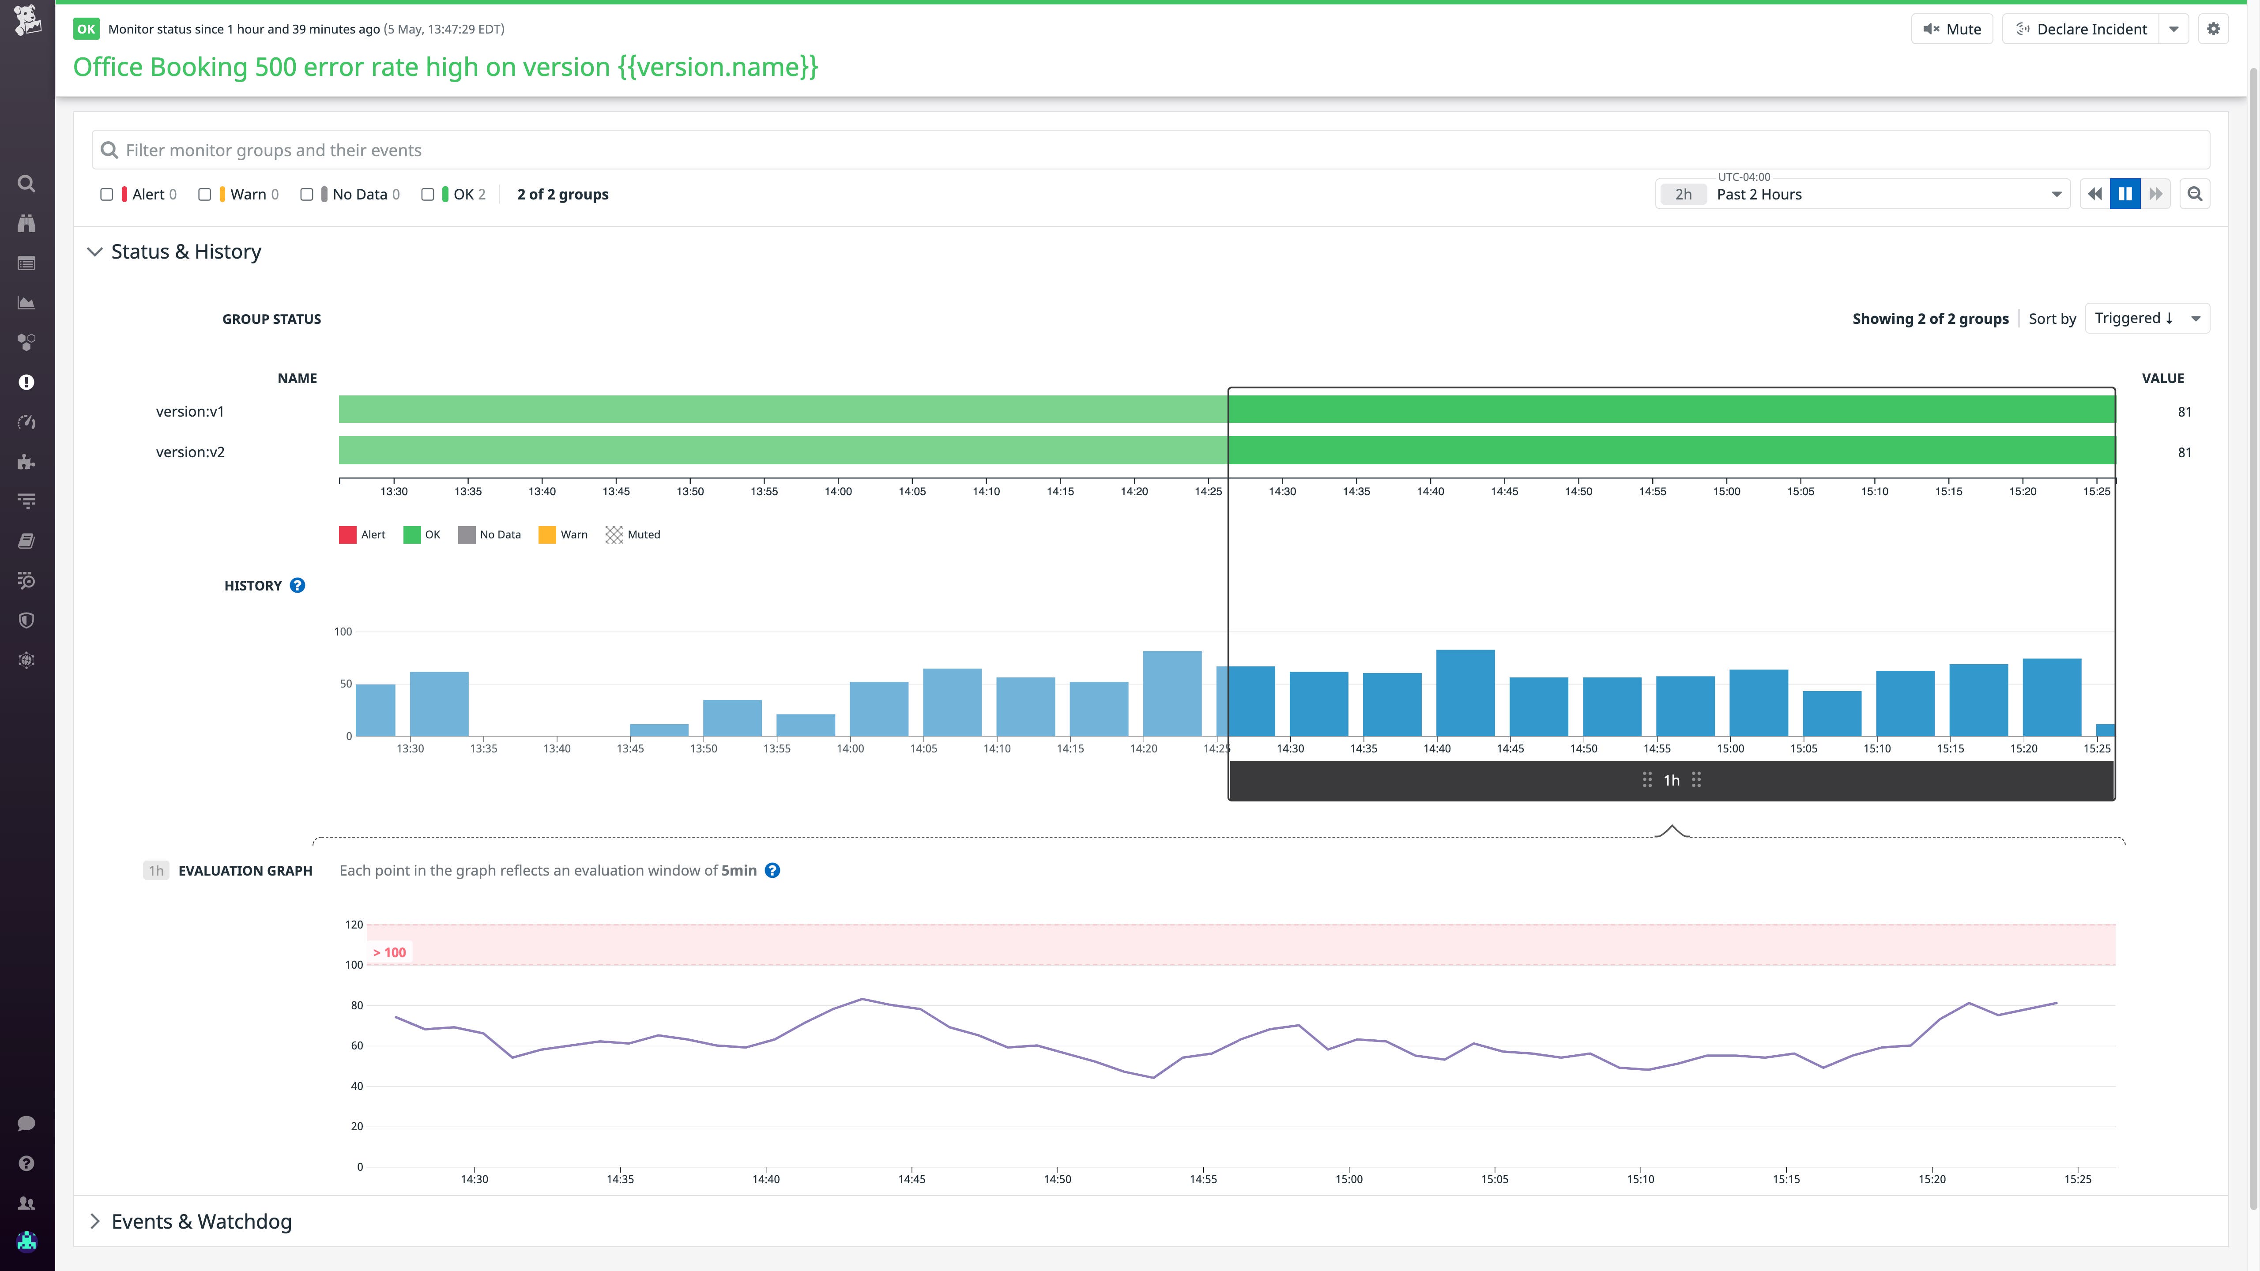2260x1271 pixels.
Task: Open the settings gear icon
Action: tap(2214, 29)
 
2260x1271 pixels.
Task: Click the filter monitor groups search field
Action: tap(1149, 150)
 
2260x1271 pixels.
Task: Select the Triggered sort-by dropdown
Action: tap(2146, 318)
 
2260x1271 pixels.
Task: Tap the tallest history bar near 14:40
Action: tap(1465, 693)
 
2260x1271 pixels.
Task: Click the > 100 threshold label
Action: tap(389, 953)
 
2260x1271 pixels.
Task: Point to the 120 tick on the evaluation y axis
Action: tap(354, 925)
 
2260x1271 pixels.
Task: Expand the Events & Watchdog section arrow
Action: tap(95, 1222)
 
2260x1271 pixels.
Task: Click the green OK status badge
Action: tap(86, 29)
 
